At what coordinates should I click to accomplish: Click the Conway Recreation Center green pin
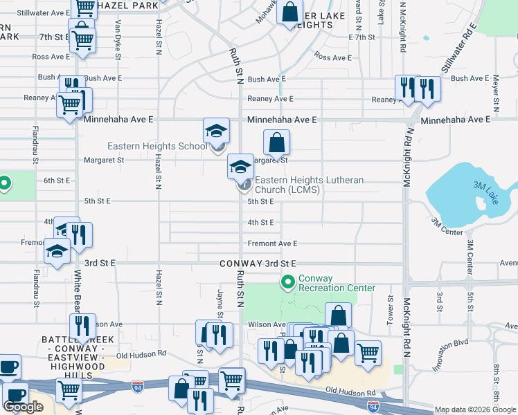pyautogui.click(x=288, y=282)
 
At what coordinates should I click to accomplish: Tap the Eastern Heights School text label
pyautogui.click(x=157, y=146)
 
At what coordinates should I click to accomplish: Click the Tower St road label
pyautogui.click(x=390, y=311)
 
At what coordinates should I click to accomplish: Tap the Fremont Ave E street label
pyautogui.click(x=272, y=243)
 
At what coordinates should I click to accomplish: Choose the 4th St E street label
pyautogui.click(x=262, y=222)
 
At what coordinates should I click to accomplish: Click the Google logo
pyautogui.click(x=24, y=407)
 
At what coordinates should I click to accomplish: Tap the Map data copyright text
pyautogui.click(x=475, y=410)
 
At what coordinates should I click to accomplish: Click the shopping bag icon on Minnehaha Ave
pyautogui.click(x=276, y=144)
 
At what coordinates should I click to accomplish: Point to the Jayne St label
pyautogui.click(x=220, y=305)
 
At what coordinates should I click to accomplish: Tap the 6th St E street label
pyautogui.click(x=57, y=181)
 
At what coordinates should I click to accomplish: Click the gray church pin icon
pyautogui.click(x=244, y=185)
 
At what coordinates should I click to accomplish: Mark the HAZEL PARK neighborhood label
pyautogui.click(x=129, y=6)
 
